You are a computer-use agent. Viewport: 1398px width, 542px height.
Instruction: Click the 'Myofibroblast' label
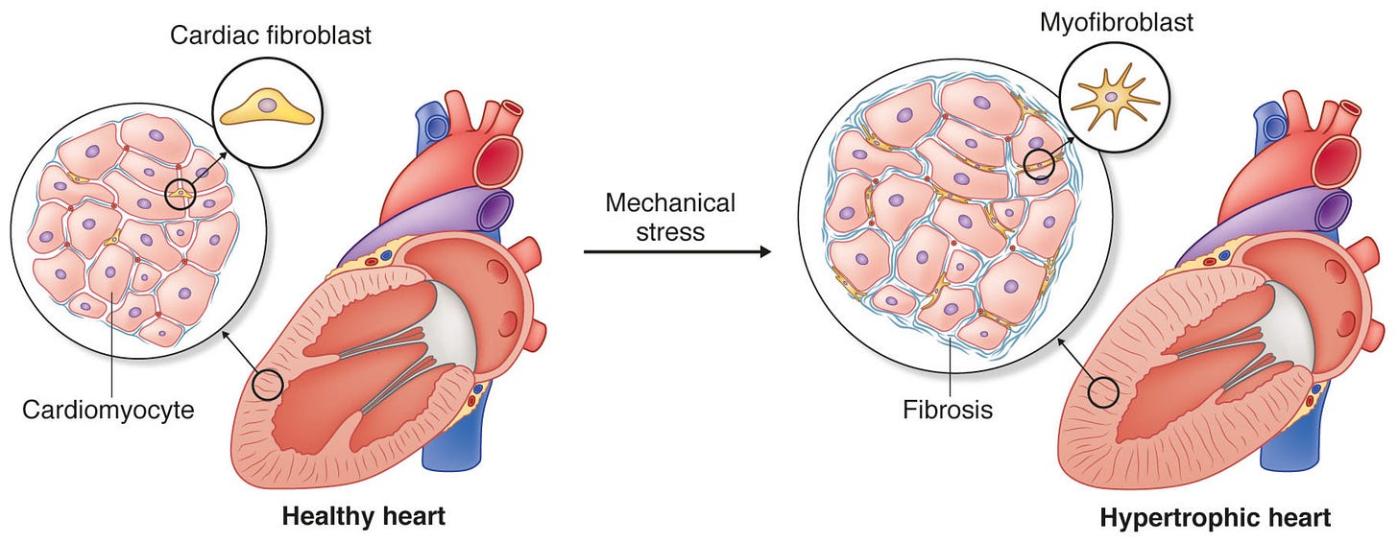1117,22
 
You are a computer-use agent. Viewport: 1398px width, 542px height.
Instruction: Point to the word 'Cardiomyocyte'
108,411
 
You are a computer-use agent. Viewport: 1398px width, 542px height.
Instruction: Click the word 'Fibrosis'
947,411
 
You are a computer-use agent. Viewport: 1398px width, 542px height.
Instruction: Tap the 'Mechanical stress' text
670,217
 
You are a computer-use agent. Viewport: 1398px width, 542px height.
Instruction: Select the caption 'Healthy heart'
363,516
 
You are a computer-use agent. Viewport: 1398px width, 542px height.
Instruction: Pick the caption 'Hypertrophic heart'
1215,518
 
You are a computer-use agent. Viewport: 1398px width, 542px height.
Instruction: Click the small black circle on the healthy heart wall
268,387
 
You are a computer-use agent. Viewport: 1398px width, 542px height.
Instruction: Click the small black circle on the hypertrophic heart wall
1107,391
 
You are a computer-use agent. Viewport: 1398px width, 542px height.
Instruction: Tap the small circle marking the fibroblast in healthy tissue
180,195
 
